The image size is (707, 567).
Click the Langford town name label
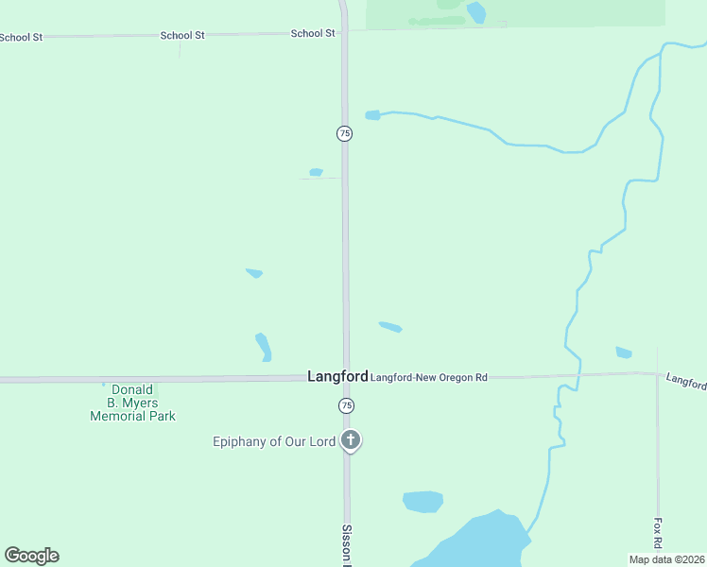pos(337,376)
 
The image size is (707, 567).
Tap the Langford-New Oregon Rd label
pos(428,377)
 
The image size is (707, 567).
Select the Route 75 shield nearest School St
pos(345,134)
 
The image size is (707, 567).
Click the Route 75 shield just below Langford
pos(347,405)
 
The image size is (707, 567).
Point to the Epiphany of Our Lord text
pos(274,441)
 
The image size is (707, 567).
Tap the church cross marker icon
pos(351,439)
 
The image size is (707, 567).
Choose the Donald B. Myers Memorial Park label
pos(132,403)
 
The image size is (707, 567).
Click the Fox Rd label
pos(658,533)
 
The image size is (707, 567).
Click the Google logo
pos(31,556)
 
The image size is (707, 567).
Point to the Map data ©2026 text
pos(666,559)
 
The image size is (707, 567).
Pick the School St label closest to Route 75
pos(313,33)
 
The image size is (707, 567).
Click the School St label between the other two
pos(182,35)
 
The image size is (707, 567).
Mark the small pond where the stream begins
pos(372,115)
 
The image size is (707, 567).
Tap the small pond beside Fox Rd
pos(624,352)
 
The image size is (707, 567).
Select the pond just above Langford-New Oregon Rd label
pos(390,327)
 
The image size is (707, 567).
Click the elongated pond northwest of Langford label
pos(264,347)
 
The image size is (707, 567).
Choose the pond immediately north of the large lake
pos(422,501)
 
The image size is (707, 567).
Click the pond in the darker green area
pos(475,11)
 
